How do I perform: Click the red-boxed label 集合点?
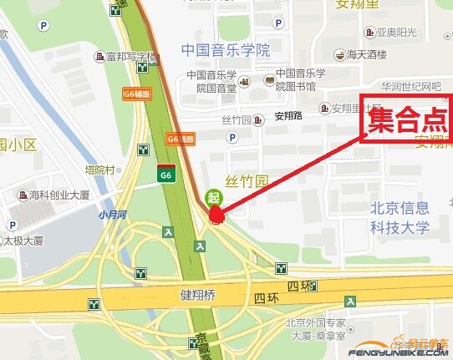(x=409, y=122)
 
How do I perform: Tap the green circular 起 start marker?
(x=213, y=198)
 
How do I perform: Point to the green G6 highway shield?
(x=166, y=174)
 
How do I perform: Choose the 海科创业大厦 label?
(x=65, y=195)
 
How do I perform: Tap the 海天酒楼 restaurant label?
(x=367, y=55)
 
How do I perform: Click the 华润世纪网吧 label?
(x=411, y=87)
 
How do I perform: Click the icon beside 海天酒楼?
(x=340, y=55)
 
